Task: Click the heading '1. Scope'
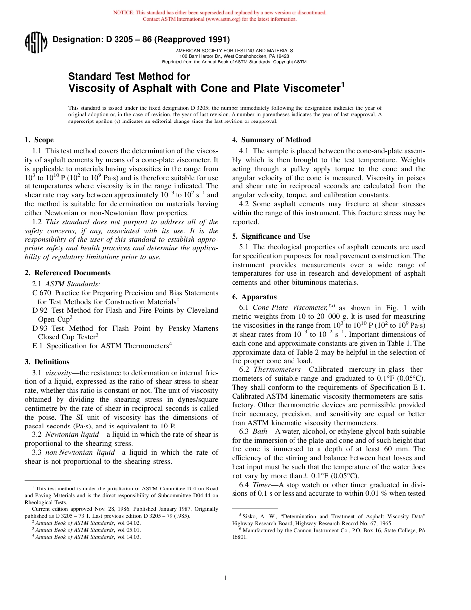click(x=39, y=140)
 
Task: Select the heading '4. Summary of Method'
click(x=271, y=140)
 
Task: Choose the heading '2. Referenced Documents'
click(x=67, y=273)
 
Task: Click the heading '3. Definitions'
click(x=47, y=362)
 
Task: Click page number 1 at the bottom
click(x=225, y=578)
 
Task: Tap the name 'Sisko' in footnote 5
click(x=249, y=516)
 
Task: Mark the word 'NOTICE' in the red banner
click(x=124, y=13)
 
